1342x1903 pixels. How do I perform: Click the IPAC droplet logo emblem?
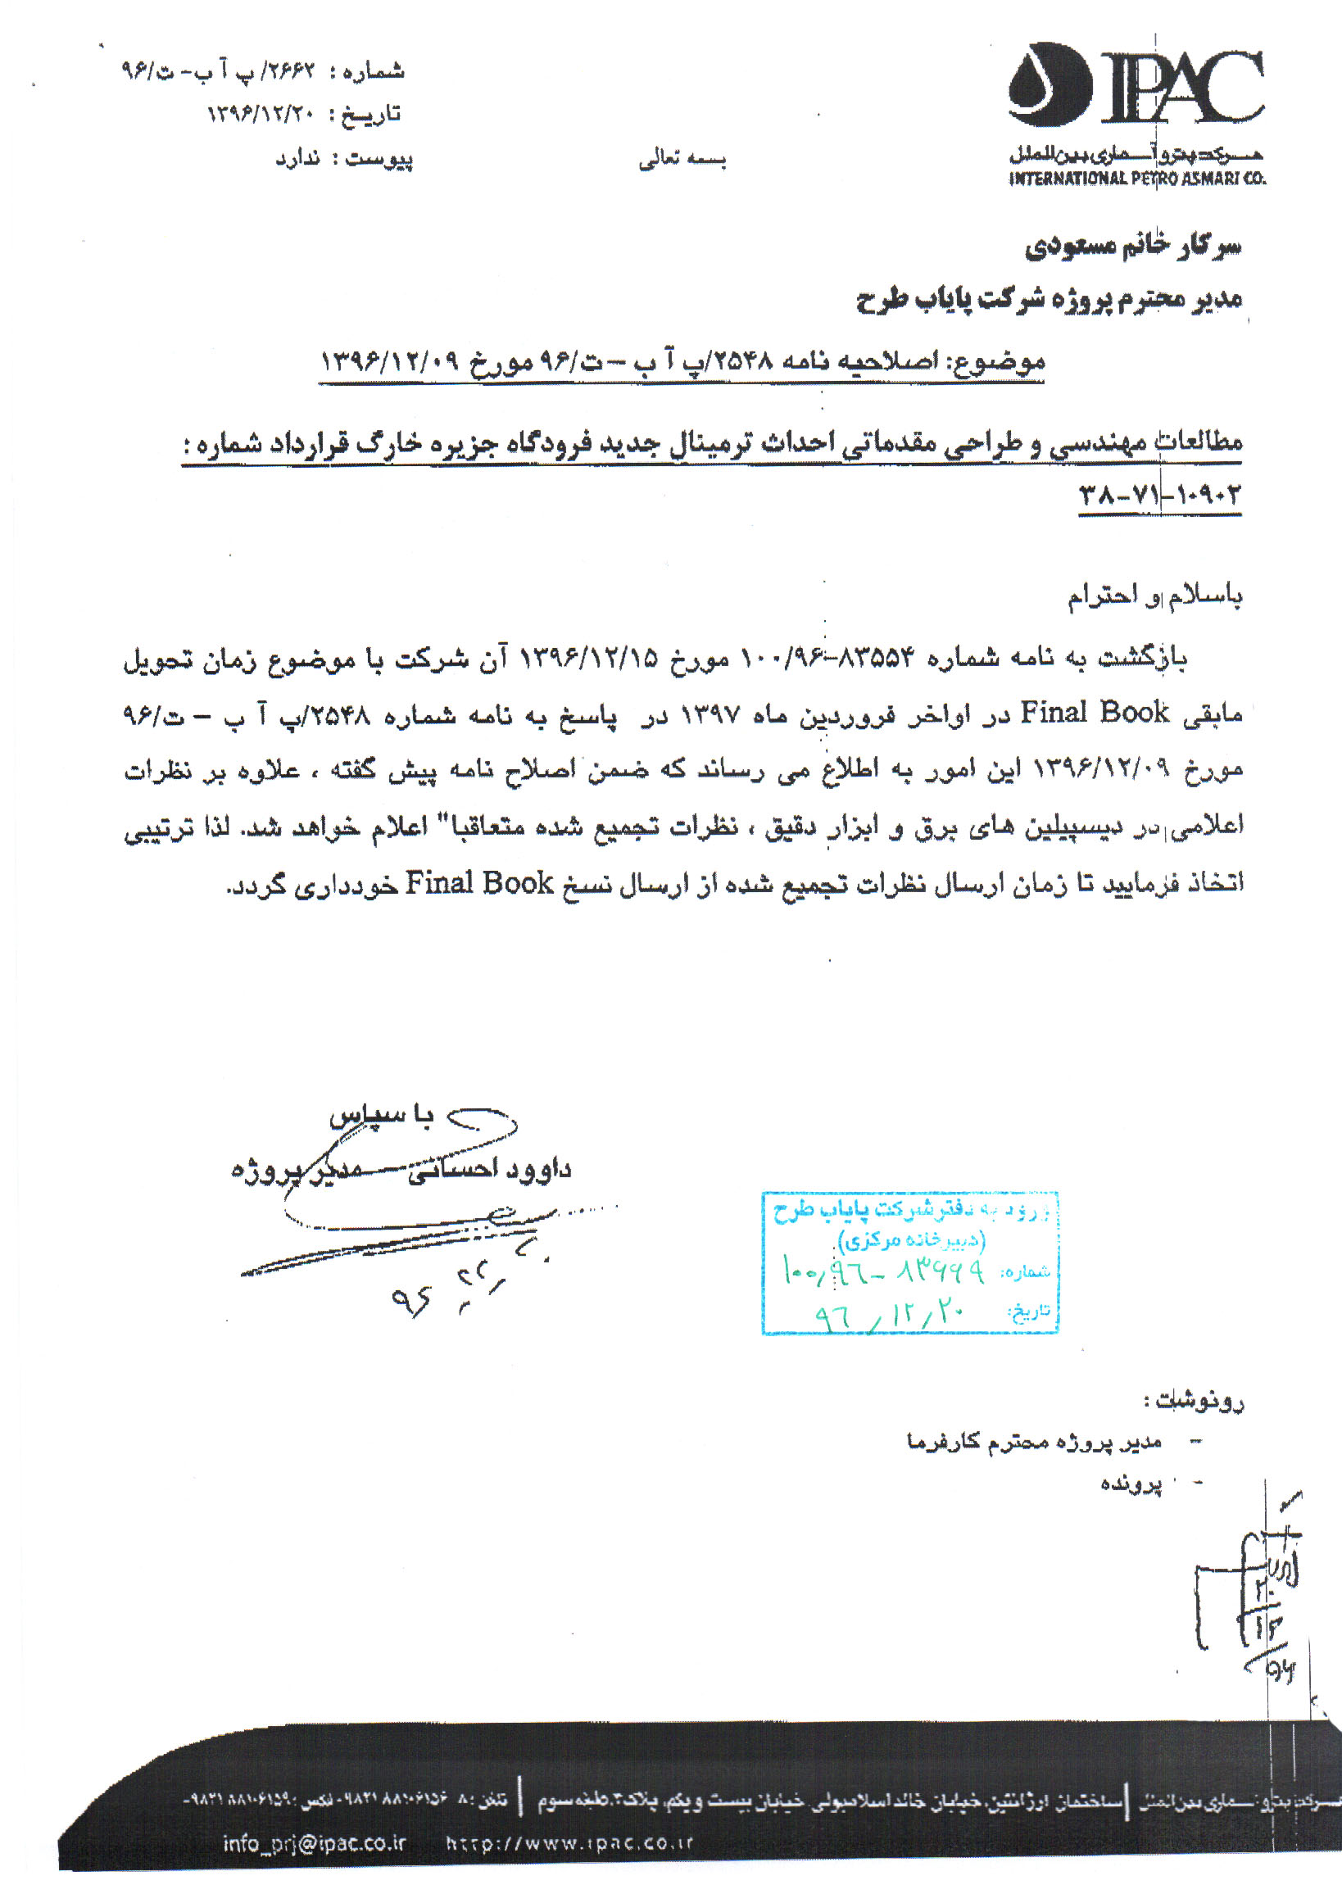[1050, 85]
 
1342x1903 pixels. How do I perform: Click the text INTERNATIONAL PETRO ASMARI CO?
[1136, 179]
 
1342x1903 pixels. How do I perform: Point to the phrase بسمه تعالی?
[682, 160]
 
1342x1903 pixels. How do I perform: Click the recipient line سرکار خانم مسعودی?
[1133, 246]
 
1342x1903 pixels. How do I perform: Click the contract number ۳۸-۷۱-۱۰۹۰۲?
[1158, 496]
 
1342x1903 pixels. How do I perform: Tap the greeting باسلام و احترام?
[1154, 596]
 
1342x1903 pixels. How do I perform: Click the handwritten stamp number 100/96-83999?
[884, 1271]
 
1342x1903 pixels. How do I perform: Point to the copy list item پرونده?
[1131, 1483]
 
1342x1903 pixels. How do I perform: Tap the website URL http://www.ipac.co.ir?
[569, 1843]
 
